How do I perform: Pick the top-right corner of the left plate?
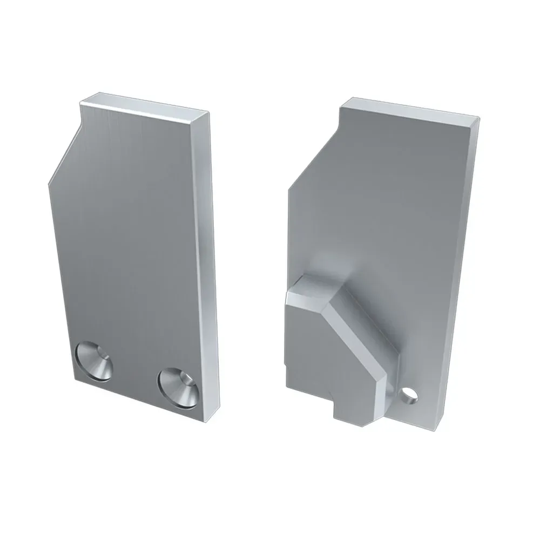click(x=208, y=114)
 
